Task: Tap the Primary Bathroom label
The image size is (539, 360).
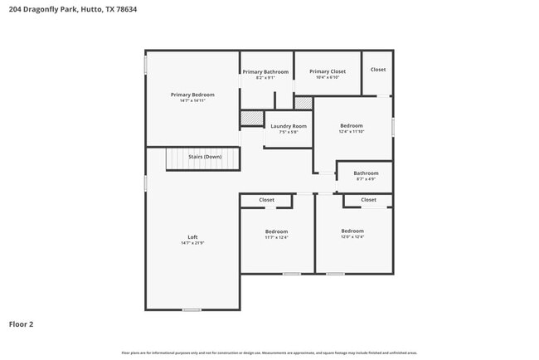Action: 265,72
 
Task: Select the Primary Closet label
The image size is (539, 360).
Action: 328,72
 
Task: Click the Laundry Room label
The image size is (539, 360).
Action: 289,126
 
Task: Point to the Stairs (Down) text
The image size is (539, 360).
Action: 205,157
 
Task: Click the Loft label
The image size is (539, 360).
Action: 192,237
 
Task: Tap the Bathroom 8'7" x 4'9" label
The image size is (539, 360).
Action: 366,173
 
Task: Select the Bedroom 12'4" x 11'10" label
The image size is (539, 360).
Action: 351,126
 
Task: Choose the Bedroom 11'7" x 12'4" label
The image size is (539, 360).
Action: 276,231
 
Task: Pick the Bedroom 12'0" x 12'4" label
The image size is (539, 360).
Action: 352,231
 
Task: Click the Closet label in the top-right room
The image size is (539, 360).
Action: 378,70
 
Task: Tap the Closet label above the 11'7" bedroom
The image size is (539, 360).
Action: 266,200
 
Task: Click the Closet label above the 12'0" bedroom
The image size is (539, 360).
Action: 368,200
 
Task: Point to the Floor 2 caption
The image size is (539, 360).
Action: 21,324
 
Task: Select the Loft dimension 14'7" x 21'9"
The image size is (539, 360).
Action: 192,243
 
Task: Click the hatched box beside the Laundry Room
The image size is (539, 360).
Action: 251,119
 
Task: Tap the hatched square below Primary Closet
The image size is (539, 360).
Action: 303,103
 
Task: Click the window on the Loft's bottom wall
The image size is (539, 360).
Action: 192,310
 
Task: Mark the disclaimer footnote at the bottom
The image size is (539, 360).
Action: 269,353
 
